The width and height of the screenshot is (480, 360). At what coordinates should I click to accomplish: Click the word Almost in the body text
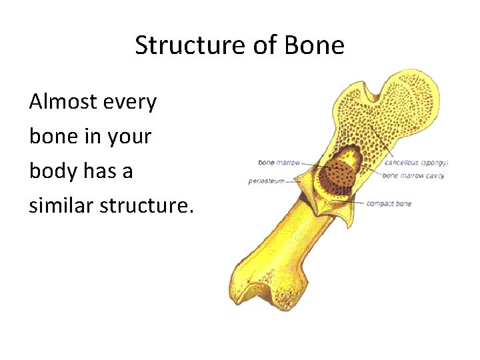pyautogui.click(x=63, y=102)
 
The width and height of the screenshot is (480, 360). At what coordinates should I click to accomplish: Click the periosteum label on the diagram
pyautogui.click(x=266, y=181)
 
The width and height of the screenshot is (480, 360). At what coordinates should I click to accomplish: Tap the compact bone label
pyautogui.click(x=389, y=203)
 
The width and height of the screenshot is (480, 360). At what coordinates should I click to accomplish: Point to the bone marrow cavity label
pyautogui.click(x=413, y=176)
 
